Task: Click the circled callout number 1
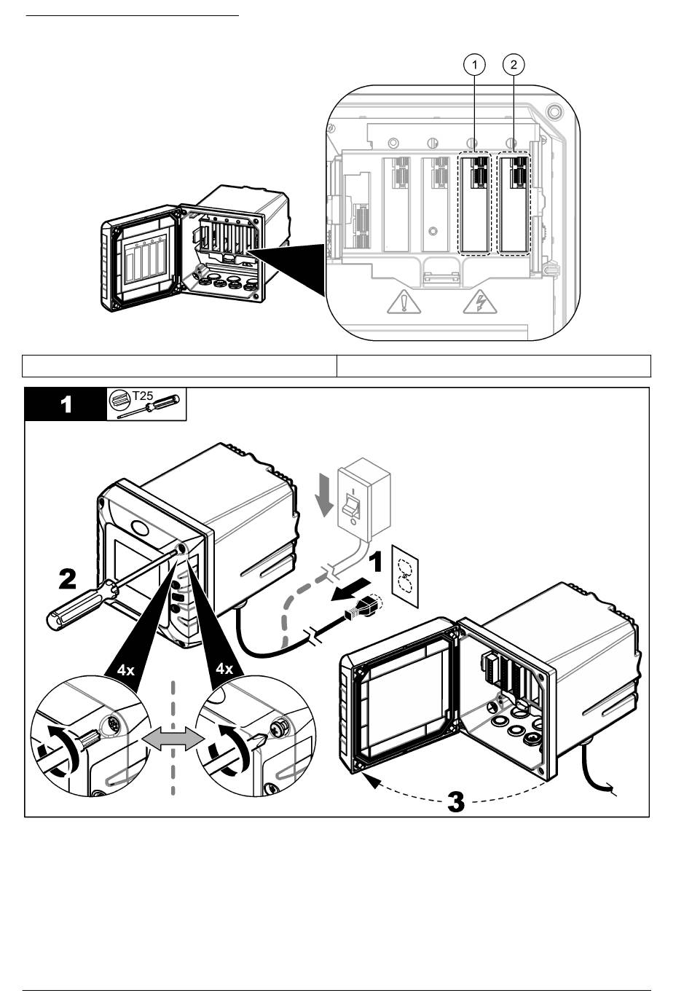point(474,65)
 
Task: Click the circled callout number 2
point(514,65)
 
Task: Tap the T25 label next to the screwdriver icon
point(143,395)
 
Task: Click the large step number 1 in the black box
point(66,404)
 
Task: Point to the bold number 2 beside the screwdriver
point(68,579)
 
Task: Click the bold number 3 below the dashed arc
point(456,802)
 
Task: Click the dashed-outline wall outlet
point(405,576)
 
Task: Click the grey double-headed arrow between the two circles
point(173,739)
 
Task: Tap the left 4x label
point(125,671)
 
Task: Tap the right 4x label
point(224,669)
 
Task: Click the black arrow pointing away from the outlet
point(351,590)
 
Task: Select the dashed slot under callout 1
point(474,205)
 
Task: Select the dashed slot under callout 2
point(514,205)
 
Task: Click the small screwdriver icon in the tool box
point(149,407)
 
